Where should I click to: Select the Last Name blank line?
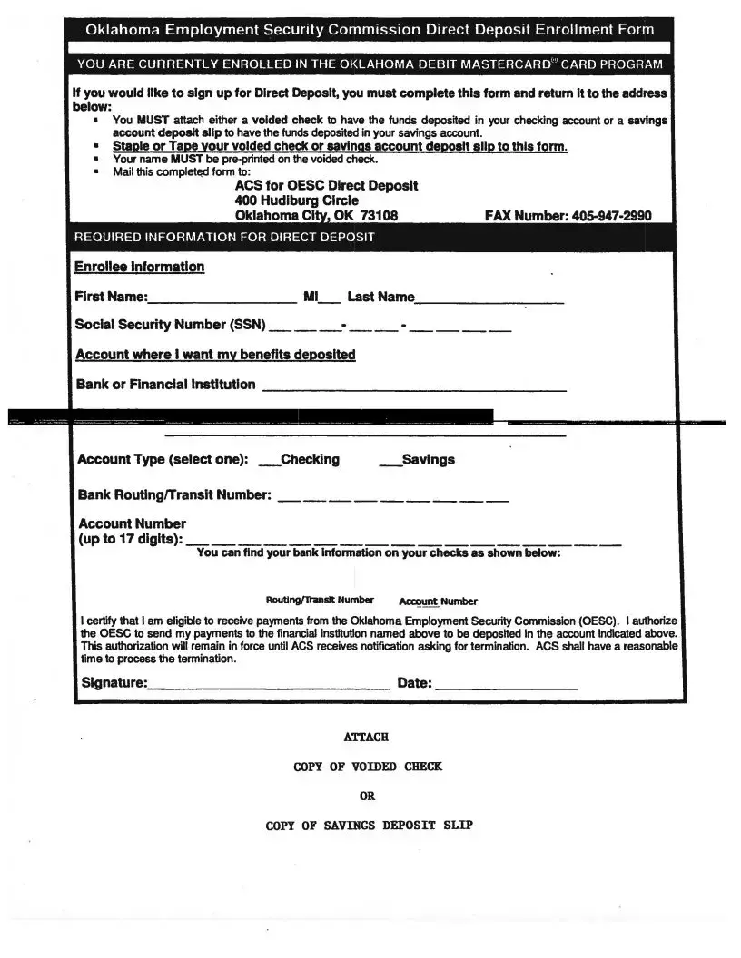point(489,300)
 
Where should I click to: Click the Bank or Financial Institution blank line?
point(414,389)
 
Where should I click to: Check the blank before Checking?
point(270,464)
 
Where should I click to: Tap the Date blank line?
point(506,688)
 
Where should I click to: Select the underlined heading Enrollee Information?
point(140,267)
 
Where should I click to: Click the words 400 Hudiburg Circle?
point(296,200)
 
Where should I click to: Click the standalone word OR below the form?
point(367,796)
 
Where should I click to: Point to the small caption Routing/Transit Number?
point(320,600)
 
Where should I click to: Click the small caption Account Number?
point(438,601)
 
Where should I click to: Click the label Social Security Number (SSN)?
point(170,325)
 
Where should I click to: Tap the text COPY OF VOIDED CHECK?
point(368,767)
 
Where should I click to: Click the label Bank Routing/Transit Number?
point(174,494)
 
